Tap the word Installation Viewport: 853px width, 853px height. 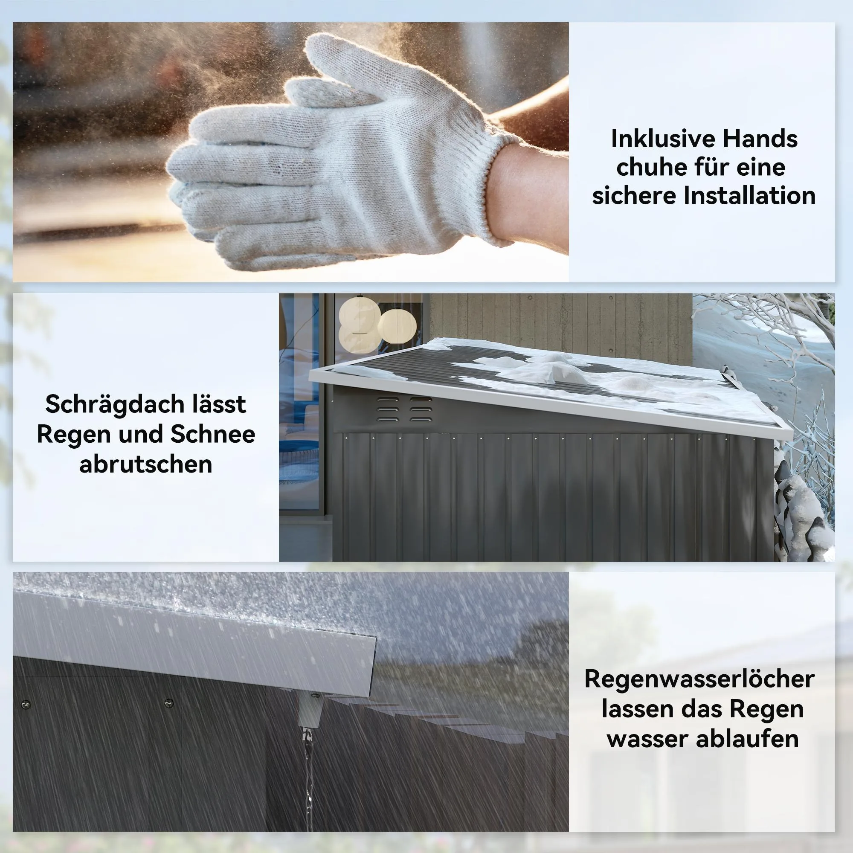pyautogui.click(x=749, y=196)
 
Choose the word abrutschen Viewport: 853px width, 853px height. pyautogui.click(x=146, y=464)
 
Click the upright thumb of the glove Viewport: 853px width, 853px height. pyautogui.click(x=336, y=66)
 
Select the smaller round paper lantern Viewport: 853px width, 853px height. pyautogui.click(x=397, y=326)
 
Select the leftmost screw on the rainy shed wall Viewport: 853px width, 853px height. pyautogui.click(x=26, y=703)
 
